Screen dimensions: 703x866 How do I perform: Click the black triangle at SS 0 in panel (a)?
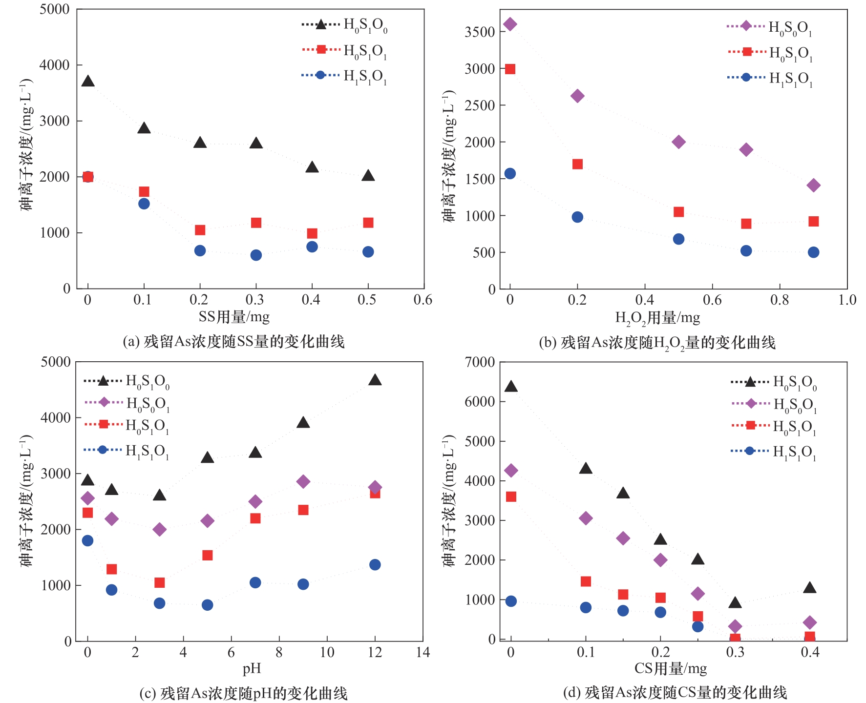(88, 82)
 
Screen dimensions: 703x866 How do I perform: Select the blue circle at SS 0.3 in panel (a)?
(256, 255)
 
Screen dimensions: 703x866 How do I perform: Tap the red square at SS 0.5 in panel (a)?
(368, 223)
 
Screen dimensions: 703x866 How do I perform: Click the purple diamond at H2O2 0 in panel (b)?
(510, 24)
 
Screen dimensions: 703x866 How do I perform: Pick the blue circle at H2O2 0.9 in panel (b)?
(813, 252)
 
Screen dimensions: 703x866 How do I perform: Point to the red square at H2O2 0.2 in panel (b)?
(577, 164)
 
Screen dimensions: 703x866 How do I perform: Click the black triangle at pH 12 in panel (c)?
(375, 380)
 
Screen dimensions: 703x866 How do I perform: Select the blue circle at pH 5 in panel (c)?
(208, 605)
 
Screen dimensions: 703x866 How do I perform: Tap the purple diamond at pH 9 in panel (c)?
(303, 481)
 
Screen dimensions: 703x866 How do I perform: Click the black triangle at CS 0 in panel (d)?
(511, 387)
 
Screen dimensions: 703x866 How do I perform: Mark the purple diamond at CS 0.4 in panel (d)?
(810, 622)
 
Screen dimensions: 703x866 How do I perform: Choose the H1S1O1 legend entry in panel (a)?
(345, 76)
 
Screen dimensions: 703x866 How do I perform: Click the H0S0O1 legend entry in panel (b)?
(769, 27)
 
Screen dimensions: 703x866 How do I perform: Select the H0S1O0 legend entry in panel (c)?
(127, 381)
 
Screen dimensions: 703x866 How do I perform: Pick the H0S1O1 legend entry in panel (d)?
(774, 426)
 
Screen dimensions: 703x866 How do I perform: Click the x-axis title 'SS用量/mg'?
(234, 317)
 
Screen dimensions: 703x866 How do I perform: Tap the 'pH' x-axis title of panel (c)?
(252, 668)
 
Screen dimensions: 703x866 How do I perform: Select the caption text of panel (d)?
(675, 692)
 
